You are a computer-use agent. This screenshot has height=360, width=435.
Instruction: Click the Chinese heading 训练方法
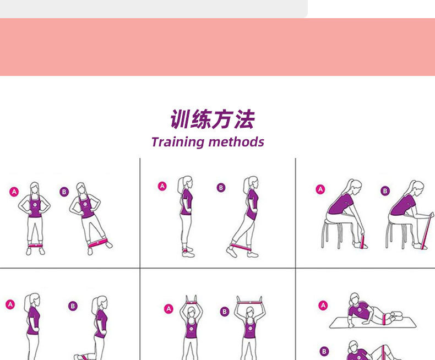coord(213,119)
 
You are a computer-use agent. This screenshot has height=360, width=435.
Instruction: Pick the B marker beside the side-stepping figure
coord(64,192)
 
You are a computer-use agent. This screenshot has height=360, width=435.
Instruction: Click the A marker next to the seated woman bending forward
coord(320,189)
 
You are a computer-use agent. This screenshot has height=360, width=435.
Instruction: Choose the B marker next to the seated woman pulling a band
coord(385,191)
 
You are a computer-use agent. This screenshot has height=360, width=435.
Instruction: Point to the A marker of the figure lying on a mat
coord(323,305)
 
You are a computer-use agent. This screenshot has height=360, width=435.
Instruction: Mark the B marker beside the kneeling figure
coord(73,306)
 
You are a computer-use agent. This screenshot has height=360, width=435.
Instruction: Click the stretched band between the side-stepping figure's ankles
coord(98,242)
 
